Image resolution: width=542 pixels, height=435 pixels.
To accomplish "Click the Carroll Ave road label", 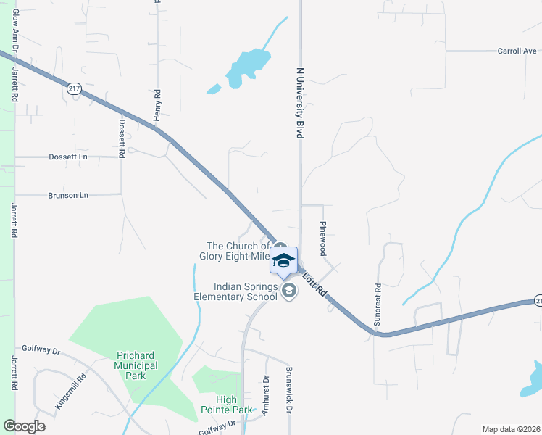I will [517, 51].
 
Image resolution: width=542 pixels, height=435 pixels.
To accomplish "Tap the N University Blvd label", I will [299, 104].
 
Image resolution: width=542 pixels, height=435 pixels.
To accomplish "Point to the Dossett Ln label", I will [67, 157].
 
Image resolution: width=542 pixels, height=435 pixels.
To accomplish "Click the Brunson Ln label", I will [67, 195].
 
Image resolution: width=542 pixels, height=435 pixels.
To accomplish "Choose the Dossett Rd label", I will [122, 138].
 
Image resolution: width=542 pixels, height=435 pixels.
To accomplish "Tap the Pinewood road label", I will [323, 239].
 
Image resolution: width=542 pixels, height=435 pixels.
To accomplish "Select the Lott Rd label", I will [315, 285].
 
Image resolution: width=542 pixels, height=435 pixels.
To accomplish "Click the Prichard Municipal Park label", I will [136, 365].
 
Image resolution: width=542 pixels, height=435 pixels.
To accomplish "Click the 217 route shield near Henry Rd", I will [73, 88].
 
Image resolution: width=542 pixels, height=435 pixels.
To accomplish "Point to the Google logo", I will [24, 426].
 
